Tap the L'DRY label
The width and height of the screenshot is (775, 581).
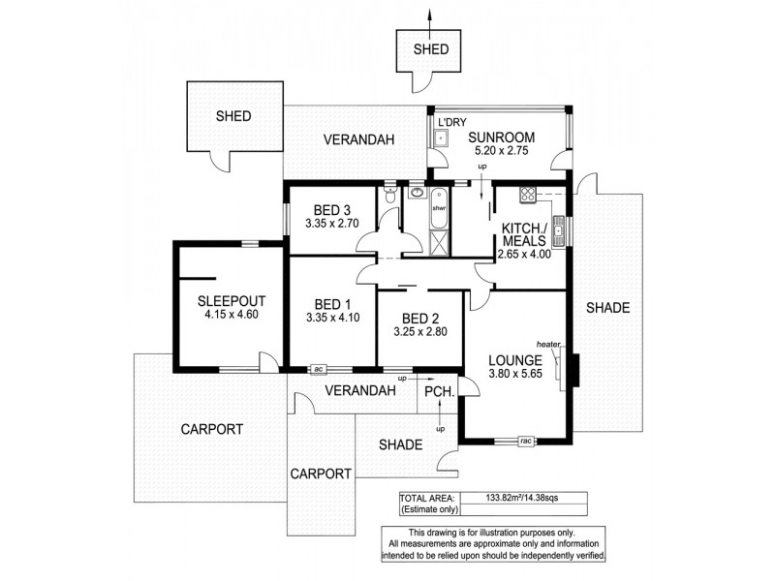452,122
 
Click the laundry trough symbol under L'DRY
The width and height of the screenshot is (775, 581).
442,138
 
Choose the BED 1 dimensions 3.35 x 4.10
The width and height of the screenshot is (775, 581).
331,317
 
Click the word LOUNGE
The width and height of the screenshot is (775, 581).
514,360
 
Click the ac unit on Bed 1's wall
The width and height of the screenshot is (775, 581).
318,369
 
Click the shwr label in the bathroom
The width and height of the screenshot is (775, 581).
439,208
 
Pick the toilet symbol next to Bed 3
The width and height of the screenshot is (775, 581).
389,198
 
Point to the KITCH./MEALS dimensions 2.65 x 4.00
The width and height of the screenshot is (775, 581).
524,255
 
